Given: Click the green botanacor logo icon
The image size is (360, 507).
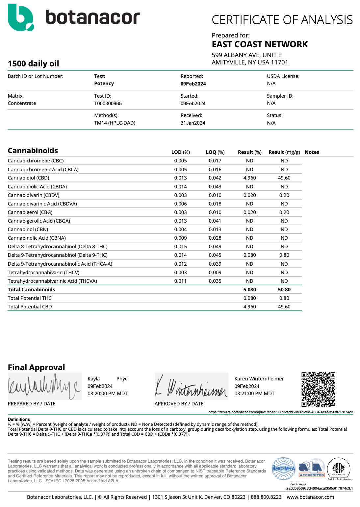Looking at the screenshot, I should point(20,18).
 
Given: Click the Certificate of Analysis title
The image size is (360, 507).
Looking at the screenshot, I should point(282,20).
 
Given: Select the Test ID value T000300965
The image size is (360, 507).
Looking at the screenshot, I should point(108,104).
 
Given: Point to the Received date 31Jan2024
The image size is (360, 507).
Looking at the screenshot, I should point(193,123).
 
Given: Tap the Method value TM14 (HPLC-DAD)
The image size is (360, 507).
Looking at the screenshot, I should point(115,123).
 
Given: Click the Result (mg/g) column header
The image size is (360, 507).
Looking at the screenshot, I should point(284,152).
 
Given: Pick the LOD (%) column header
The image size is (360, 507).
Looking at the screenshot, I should point(180,152).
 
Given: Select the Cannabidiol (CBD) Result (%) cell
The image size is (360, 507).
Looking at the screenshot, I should point(249,178).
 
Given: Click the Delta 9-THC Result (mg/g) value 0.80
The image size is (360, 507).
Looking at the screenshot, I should point(284,255).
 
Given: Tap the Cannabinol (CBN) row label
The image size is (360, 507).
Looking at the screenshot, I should point(28,229).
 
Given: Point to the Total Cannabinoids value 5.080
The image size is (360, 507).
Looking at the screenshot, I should point(249,290).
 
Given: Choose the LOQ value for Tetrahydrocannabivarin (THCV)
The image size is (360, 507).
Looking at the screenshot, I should point(215,273).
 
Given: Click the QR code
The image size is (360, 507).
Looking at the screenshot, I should point(318,389).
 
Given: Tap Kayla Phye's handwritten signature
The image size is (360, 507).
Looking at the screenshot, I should point(44,387).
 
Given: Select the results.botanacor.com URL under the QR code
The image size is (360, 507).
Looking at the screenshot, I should point(281,412).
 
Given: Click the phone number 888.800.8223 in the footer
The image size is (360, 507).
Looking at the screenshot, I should point(266,497).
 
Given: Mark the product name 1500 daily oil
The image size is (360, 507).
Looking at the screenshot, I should point(34,64).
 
